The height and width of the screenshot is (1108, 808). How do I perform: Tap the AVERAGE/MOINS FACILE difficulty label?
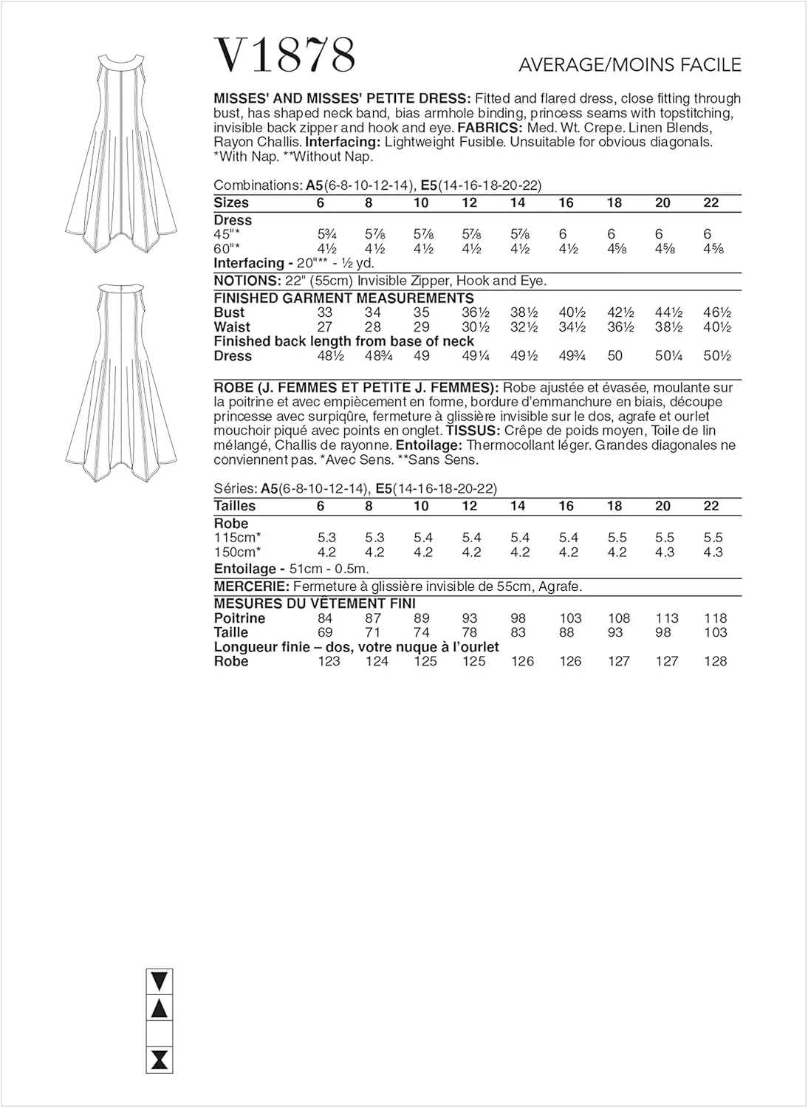(629, 65)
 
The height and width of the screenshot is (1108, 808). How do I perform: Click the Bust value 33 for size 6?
(325, 312)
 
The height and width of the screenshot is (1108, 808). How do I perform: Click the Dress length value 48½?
(328, 356)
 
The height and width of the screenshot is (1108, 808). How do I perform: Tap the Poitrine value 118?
(715, 618)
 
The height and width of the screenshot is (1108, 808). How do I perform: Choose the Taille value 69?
(325, 632)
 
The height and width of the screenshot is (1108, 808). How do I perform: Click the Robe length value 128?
(715, 661)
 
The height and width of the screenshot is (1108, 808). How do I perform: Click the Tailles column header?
(235, 506)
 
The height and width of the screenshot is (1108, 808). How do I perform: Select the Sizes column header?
(231, 202)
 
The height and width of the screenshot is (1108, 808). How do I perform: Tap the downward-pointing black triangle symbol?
(159, 981)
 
